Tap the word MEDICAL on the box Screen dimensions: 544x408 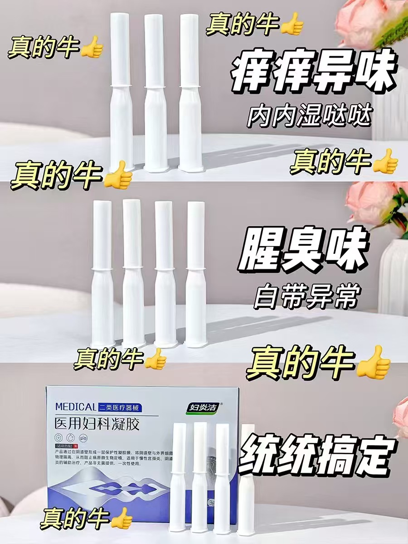75,407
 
